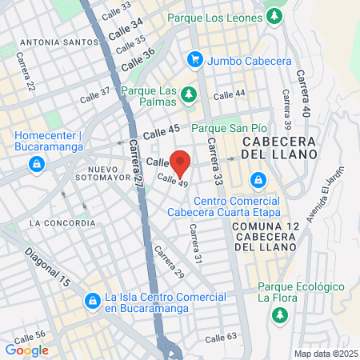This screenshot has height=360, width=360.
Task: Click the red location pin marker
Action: (182, 162)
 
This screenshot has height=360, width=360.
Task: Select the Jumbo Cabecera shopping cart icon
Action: (194, 58)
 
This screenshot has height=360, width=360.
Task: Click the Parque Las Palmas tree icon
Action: (189, 95)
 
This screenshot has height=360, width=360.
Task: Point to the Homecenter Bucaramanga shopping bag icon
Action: (36, 165)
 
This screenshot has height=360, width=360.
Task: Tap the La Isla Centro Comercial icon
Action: (93, 301)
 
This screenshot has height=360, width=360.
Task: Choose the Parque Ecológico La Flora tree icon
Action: (279, 315)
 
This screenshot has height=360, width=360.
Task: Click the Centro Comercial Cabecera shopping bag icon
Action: (258, 180)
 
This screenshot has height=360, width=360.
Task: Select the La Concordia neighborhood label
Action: (61, 222)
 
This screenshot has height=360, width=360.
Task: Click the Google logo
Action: (27, 350)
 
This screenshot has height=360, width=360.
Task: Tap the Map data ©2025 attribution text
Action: (323, 354)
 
